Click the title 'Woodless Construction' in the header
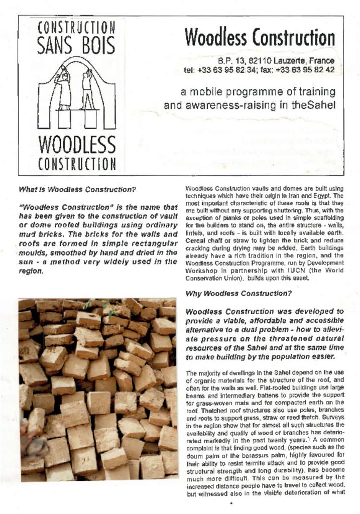tap(259, 37)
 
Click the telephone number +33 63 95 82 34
tap(228, 70)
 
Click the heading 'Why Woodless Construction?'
tap(238, 294)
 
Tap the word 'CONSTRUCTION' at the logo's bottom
tap(77, 164)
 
